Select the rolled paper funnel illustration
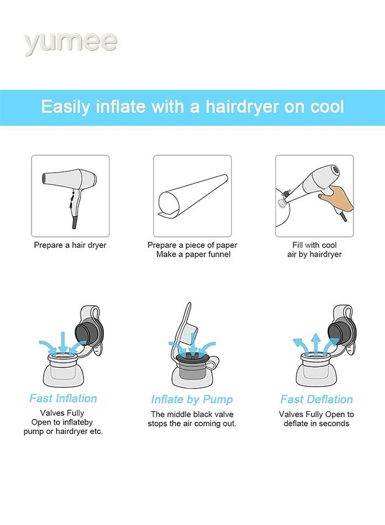coord(192,196)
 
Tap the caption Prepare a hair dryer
coord(70,245)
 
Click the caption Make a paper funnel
coord(193,254)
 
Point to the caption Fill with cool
coord(314,245)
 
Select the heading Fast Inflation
coord(63,398)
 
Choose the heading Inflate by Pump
coord(192,400)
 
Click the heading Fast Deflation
coord(316,399)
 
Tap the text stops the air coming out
coord(192,423)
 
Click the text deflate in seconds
coord(316,423)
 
